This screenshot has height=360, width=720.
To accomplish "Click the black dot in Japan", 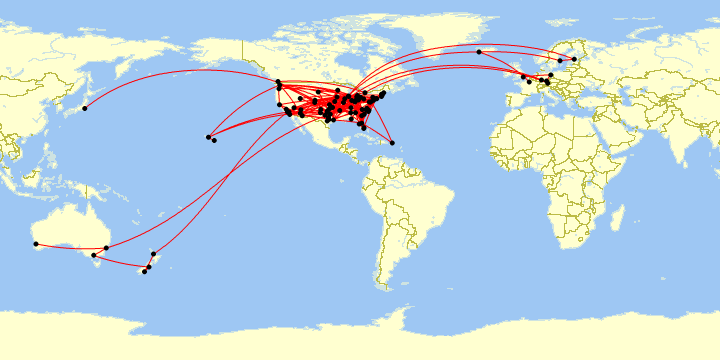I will point(85,108).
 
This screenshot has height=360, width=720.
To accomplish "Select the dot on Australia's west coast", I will point(36,244).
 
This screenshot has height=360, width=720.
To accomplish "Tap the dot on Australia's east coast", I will point(106,247).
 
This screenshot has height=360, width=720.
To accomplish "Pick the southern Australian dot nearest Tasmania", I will point(94,256).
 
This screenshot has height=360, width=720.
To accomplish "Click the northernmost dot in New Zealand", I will point(153,253).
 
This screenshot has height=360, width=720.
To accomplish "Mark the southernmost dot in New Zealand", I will point(144,272).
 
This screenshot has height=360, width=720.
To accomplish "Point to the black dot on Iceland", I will point(479,51).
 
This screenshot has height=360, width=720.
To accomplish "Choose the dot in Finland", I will point(574,59).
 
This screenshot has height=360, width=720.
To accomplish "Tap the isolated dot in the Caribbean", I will point(392,143).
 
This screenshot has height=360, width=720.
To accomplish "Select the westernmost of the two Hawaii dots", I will point(208,137).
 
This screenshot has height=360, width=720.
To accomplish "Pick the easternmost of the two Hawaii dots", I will point(214,140).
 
